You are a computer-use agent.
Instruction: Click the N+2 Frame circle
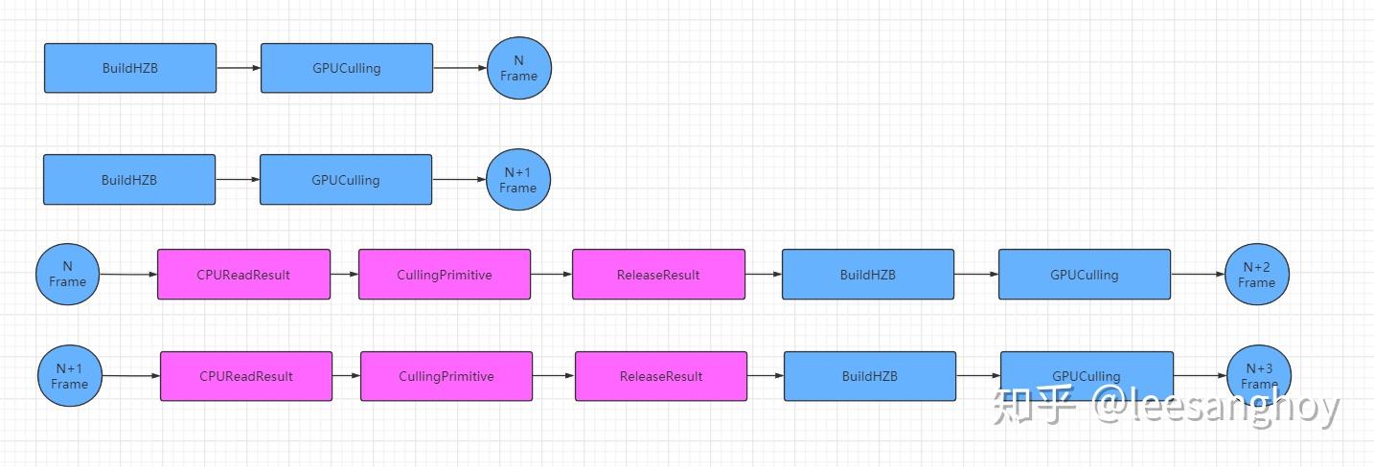click(x=1256, y=275)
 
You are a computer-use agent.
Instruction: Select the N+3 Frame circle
click(x=1258, y=376)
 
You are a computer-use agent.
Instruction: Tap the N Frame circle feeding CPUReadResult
click(x=68, y=275)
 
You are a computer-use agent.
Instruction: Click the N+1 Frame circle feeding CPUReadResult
click(x=69, y=376)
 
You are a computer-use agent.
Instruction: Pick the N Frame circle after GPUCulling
click(x=519, y=68)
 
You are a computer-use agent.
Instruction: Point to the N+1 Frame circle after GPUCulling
click(x=518, y=180)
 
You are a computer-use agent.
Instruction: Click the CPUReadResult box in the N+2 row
click(x=243, y=275)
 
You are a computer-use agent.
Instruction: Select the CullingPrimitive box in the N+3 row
click(x=447, y=376)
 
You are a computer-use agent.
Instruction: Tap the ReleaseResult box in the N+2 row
click(x=658, y=275)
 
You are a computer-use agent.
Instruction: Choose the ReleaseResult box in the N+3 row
click(x=661, y=376)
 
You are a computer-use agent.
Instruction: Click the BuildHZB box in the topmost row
click(x=130, y=68)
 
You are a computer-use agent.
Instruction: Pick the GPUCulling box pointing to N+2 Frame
click(x=1084, y=275)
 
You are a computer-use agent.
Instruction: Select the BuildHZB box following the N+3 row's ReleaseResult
click(x=869, y=376)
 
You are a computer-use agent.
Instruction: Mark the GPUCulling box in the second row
click(x=346, y=180)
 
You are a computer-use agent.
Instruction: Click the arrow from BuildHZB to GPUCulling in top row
click(x=239, y=68)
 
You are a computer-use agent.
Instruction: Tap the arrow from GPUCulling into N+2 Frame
click(x=1198, y=275)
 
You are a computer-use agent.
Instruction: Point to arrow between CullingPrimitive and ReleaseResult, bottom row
click(x=554, y=376)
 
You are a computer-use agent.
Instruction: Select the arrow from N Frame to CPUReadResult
click(x=128, y=275)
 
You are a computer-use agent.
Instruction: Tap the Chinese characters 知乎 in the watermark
click(x=1036, y=408)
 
